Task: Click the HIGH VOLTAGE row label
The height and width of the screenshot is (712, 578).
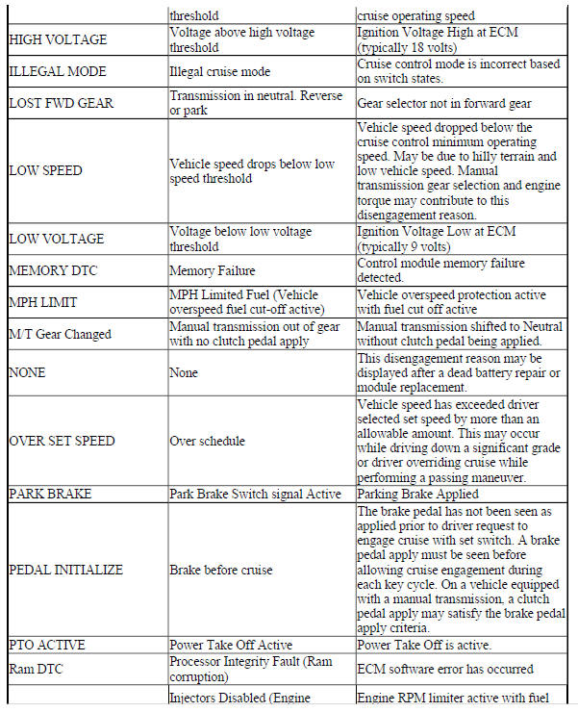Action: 58,40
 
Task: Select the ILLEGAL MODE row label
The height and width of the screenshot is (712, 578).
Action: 57,71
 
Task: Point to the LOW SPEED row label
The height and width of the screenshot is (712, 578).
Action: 45,171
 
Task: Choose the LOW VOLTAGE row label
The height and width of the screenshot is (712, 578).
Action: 56,239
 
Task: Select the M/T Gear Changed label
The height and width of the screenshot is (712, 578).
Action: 61,334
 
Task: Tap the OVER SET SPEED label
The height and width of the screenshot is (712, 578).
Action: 62,441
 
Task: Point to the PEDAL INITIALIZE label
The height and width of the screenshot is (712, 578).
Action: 65,570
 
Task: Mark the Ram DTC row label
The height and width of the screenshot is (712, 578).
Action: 38,667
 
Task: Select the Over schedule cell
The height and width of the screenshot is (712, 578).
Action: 207,441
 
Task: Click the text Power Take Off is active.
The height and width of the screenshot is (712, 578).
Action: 423,645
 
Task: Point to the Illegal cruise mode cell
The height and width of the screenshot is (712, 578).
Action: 219,71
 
